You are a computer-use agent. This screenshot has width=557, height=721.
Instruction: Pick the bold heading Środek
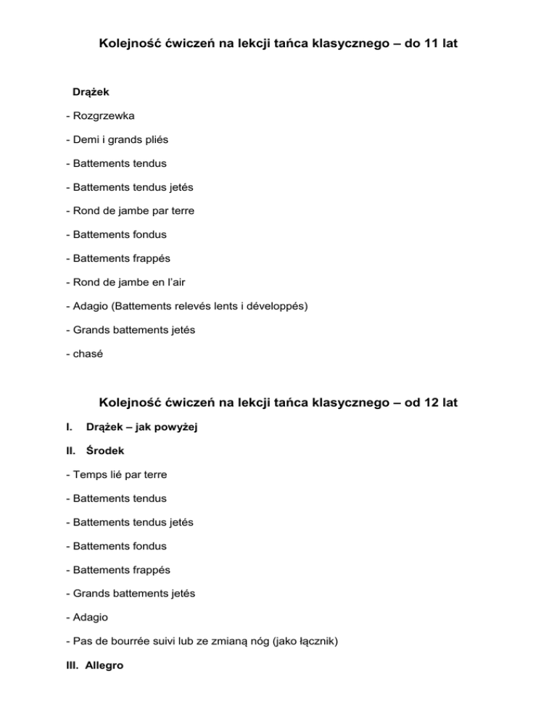[105, 450]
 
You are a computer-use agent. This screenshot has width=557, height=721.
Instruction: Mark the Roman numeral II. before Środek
[70, 450]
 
